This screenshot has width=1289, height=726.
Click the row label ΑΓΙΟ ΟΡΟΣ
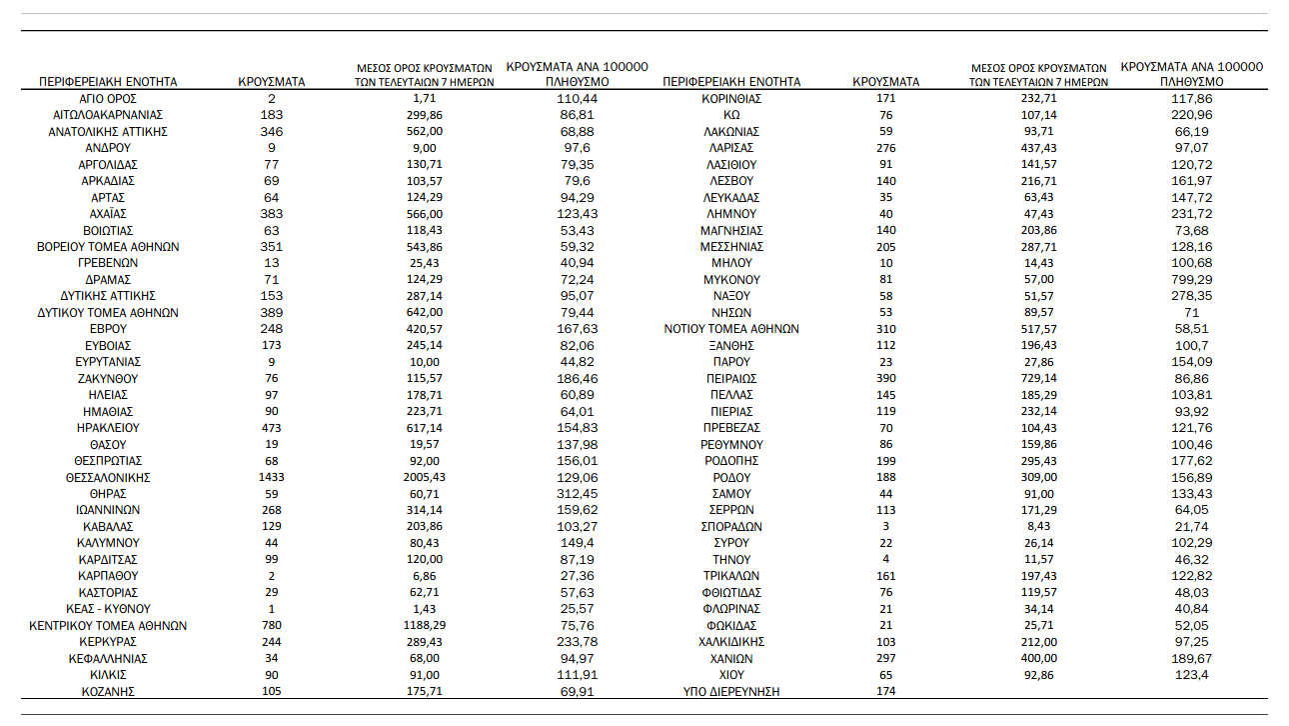[108, 99]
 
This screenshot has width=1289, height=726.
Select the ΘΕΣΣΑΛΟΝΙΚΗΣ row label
[108, 478]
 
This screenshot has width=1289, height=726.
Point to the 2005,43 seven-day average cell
[426, 478]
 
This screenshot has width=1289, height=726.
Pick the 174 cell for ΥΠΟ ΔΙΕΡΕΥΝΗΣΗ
[886, 692]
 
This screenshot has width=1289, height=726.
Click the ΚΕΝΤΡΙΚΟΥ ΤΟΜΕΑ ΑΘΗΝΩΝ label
[108, 626]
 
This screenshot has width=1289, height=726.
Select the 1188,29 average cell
[426, 626]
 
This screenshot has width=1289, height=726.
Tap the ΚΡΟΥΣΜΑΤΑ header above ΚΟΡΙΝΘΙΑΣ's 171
[886, 82]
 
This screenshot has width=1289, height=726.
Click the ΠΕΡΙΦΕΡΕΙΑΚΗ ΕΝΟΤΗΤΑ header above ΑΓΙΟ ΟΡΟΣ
[108, 82]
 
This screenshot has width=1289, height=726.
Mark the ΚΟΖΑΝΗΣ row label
[108, 692]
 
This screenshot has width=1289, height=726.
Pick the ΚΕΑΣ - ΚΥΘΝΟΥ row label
[108, 609]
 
